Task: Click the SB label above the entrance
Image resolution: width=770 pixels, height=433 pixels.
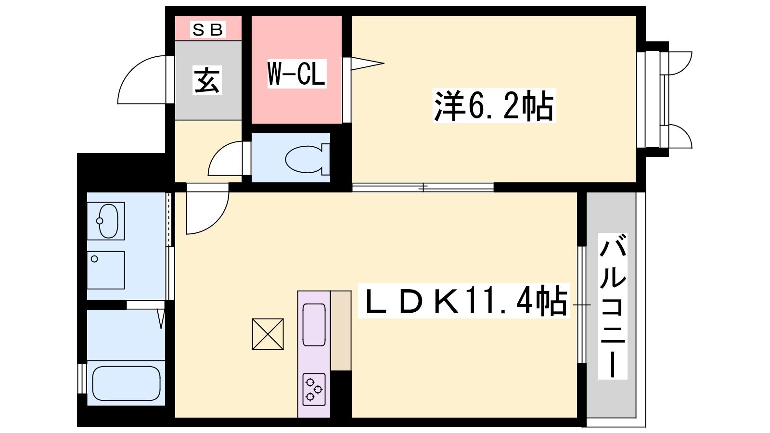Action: point(208,29)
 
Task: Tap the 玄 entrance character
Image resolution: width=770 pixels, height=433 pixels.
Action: point(207,80)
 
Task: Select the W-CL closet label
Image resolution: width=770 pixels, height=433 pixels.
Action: point(296,74)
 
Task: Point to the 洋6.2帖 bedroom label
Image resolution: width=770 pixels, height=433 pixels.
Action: point(494,105)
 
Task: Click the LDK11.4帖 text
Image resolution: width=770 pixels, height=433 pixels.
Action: point(463,301)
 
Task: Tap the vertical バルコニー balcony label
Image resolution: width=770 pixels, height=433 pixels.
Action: point(613,306)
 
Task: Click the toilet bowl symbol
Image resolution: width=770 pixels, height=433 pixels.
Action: point(308,159)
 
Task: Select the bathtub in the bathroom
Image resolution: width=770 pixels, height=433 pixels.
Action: point(126,383)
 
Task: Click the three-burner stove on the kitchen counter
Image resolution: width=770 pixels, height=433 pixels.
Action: point(314,389)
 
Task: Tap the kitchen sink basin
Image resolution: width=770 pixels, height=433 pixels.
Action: point(314,325)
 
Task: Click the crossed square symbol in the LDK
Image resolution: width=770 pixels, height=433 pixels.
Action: point(268,334)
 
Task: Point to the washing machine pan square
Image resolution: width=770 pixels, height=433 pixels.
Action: point(106,270)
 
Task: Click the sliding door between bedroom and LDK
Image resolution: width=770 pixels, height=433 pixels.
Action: point(423,188)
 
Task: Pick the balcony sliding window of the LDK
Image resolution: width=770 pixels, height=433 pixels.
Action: point(582,305)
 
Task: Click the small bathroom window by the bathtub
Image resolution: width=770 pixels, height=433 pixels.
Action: point(82,378)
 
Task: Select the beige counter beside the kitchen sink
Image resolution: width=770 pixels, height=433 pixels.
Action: point(341,331)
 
